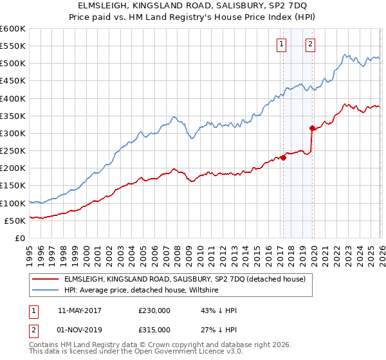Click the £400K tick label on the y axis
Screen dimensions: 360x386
[13, 98]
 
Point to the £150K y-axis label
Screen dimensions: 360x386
[13, 186]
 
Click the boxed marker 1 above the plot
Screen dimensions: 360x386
[282, 44]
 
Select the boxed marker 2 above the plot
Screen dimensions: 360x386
[310, 44]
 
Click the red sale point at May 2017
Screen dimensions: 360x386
[283, 157]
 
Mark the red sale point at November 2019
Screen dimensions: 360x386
[312, 128]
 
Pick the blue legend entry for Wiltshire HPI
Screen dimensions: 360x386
[142, 291]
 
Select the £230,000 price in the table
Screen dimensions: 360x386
[154, 310]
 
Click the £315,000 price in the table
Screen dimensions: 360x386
[154, 329]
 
